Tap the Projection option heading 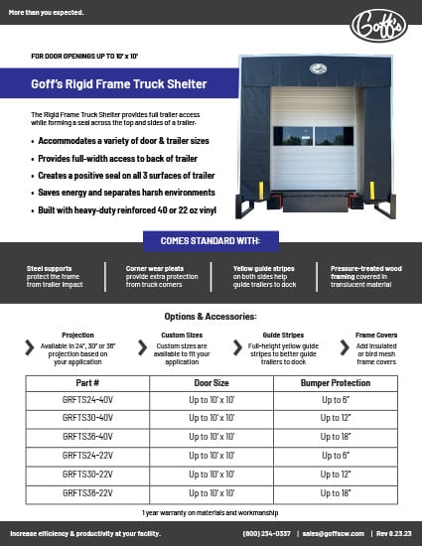tap(77, 337)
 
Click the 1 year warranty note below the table tap(211, 511)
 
